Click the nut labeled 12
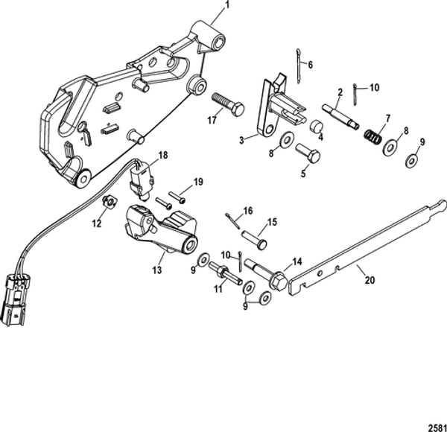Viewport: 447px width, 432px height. [x=109, y=200]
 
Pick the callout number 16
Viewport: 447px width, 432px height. [x=249, y=211]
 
